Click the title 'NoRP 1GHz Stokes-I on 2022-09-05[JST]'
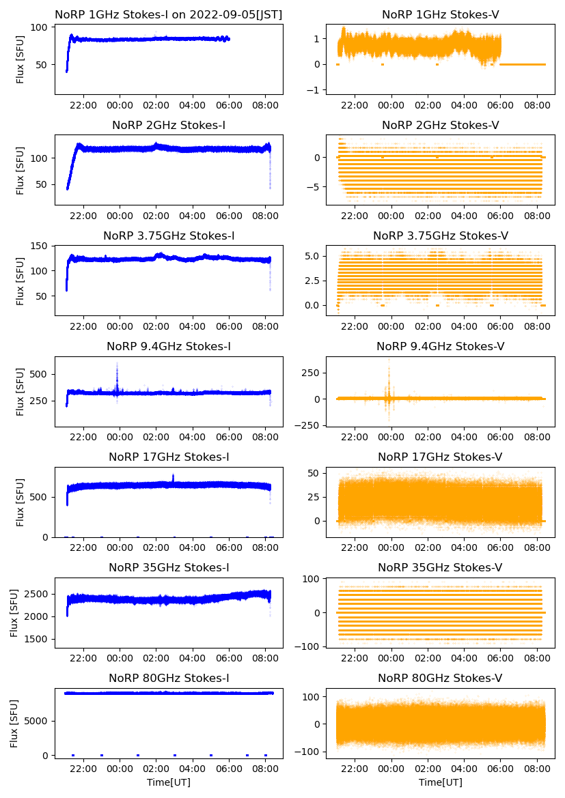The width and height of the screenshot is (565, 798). tap(169, 14)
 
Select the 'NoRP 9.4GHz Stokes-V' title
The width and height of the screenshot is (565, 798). tap(440, 346)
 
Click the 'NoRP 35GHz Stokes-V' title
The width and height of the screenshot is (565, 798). tap(440, 567)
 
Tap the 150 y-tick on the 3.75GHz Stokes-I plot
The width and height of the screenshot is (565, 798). tap(42, 246)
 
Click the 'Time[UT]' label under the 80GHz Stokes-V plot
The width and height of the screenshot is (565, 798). tap(440, 782)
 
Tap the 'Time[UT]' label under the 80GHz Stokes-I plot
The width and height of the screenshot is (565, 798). tap(169, 782)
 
